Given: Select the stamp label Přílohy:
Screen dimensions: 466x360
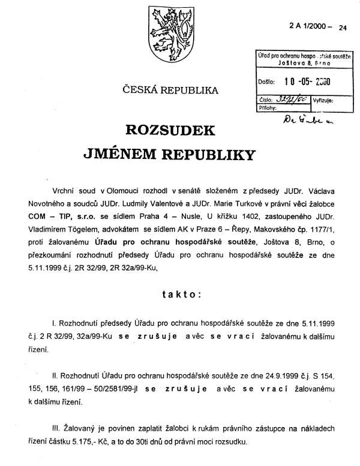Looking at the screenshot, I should point(267,109).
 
